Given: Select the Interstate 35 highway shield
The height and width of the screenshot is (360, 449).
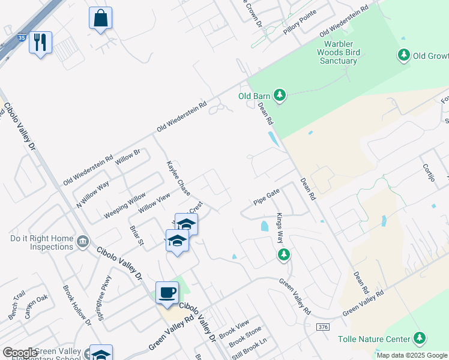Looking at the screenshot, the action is click(21, 37).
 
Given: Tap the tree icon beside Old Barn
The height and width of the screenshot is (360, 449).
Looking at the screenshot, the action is click(279, 95).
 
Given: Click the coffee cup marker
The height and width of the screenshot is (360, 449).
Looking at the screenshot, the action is click(167, 292).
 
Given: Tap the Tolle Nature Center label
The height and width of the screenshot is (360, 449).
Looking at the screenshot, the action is click(375, 339).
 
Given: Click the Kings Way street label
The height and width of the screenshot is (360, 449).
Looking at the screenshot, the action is click(280, 228).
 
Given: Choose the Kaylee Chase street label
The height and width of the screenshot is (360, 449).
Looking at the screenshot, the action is click(178, 178).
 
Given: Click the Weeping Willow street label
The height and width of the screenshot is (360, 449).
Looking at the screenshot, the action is click(124, 206).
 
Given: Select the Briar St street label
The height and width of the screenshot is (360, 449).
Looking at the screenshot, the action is click(137, 236).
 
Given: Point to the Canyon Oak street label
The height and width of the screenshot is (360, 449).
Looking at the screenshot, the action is click(35, 306).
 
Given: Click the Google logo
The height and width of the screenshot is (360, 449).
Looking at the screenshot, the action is click(20, 353).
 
